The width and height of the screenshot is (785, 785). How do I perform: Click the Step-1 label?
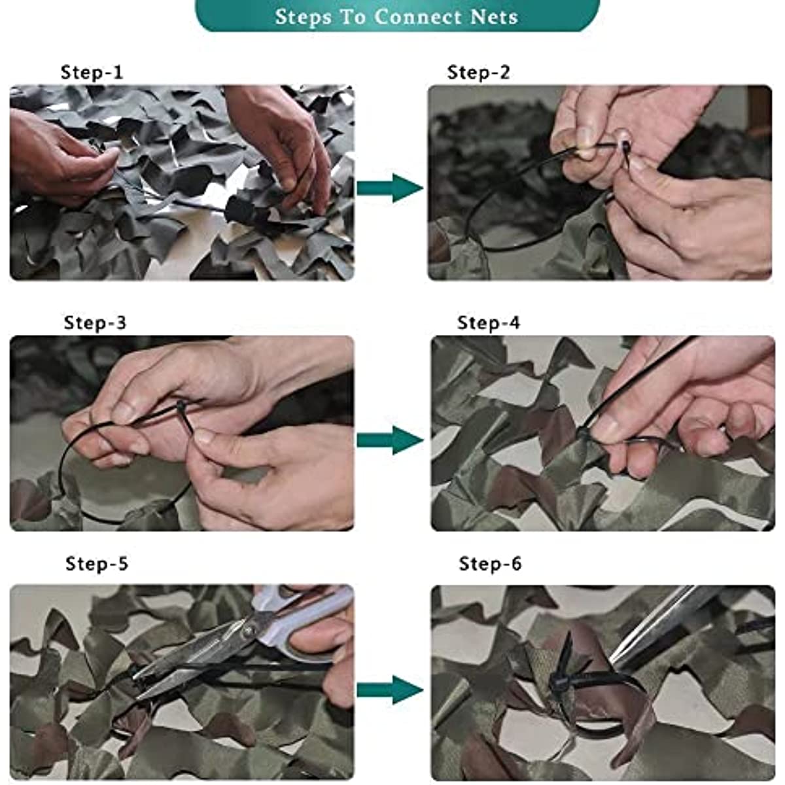tap(92, 73)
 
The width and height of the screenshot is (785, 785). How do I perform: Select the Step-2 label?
tap(478, 73)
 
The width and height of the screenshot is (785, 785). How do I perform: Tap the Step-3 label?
tap(95, 323)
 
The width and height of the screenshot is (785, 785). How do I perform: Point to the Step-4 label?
tap(489, 323)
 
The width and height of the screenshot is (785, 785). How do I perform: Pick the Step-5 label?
tap(97, 564)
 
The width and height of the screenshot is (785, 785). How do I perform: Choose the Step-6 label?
tap(490, 564)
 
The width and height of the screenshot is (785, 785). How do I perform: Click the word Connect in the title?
tap(418, 17)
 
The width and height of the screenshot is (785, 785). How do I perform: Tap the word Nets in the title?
tap(494, 17)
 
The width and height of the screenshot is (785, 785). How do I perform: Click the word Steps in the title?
tap(303, 17)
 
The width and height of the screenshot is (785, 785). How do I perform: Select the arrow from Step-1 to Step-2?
tap(390, 188)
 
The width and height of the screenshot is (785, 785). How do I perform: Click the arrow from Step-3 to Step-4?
tap(390, 440)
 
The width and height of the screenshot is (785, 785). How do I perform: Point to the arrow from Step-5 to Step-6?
tap(390, 689)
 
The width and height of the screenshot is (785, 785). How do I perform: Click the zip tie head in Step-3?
tap(181, 406)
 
